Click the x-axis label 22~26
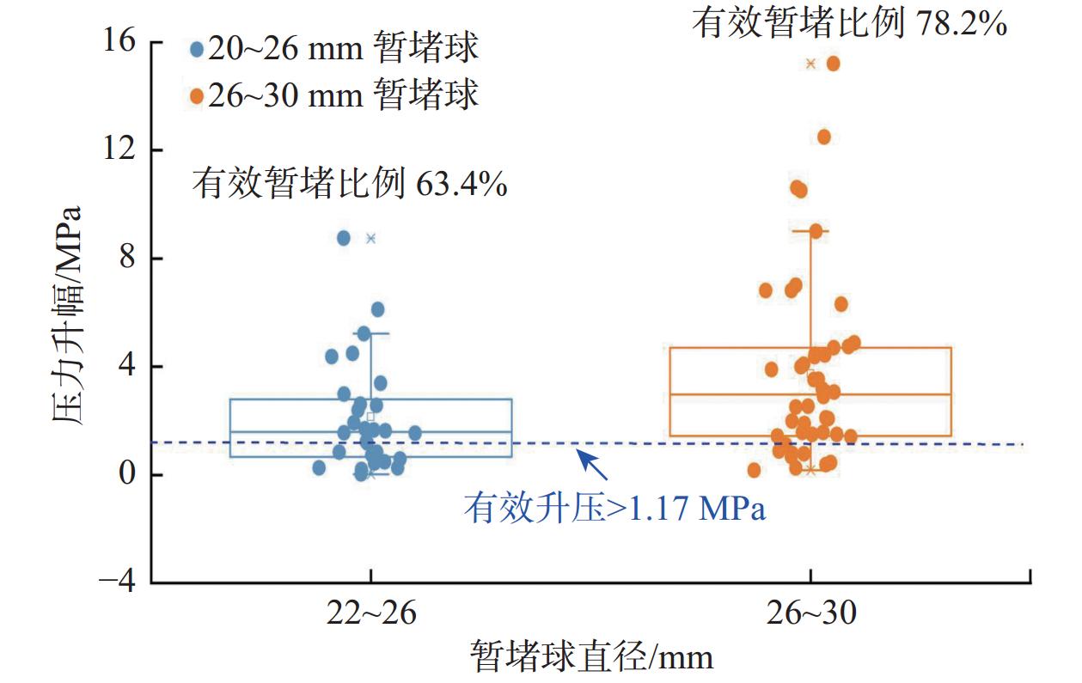pos(370,615)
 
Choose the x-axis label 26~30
pos(810,615)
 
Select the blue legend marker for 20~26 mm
pos(197,50)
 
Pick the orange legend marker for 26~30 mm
pos(197,95)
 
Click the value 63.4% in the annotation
pos(461,184)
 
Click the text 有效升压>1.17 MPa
pos(614,508)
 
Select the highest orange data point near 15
pos(833,63)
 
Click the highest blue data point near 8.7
pos(344,238)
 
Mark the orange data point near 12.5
pos(823,137)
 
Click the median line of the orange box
pos(894,394)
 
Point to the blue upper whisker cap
pos(371,333)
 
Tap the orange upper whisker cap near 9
pos(811,231)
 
